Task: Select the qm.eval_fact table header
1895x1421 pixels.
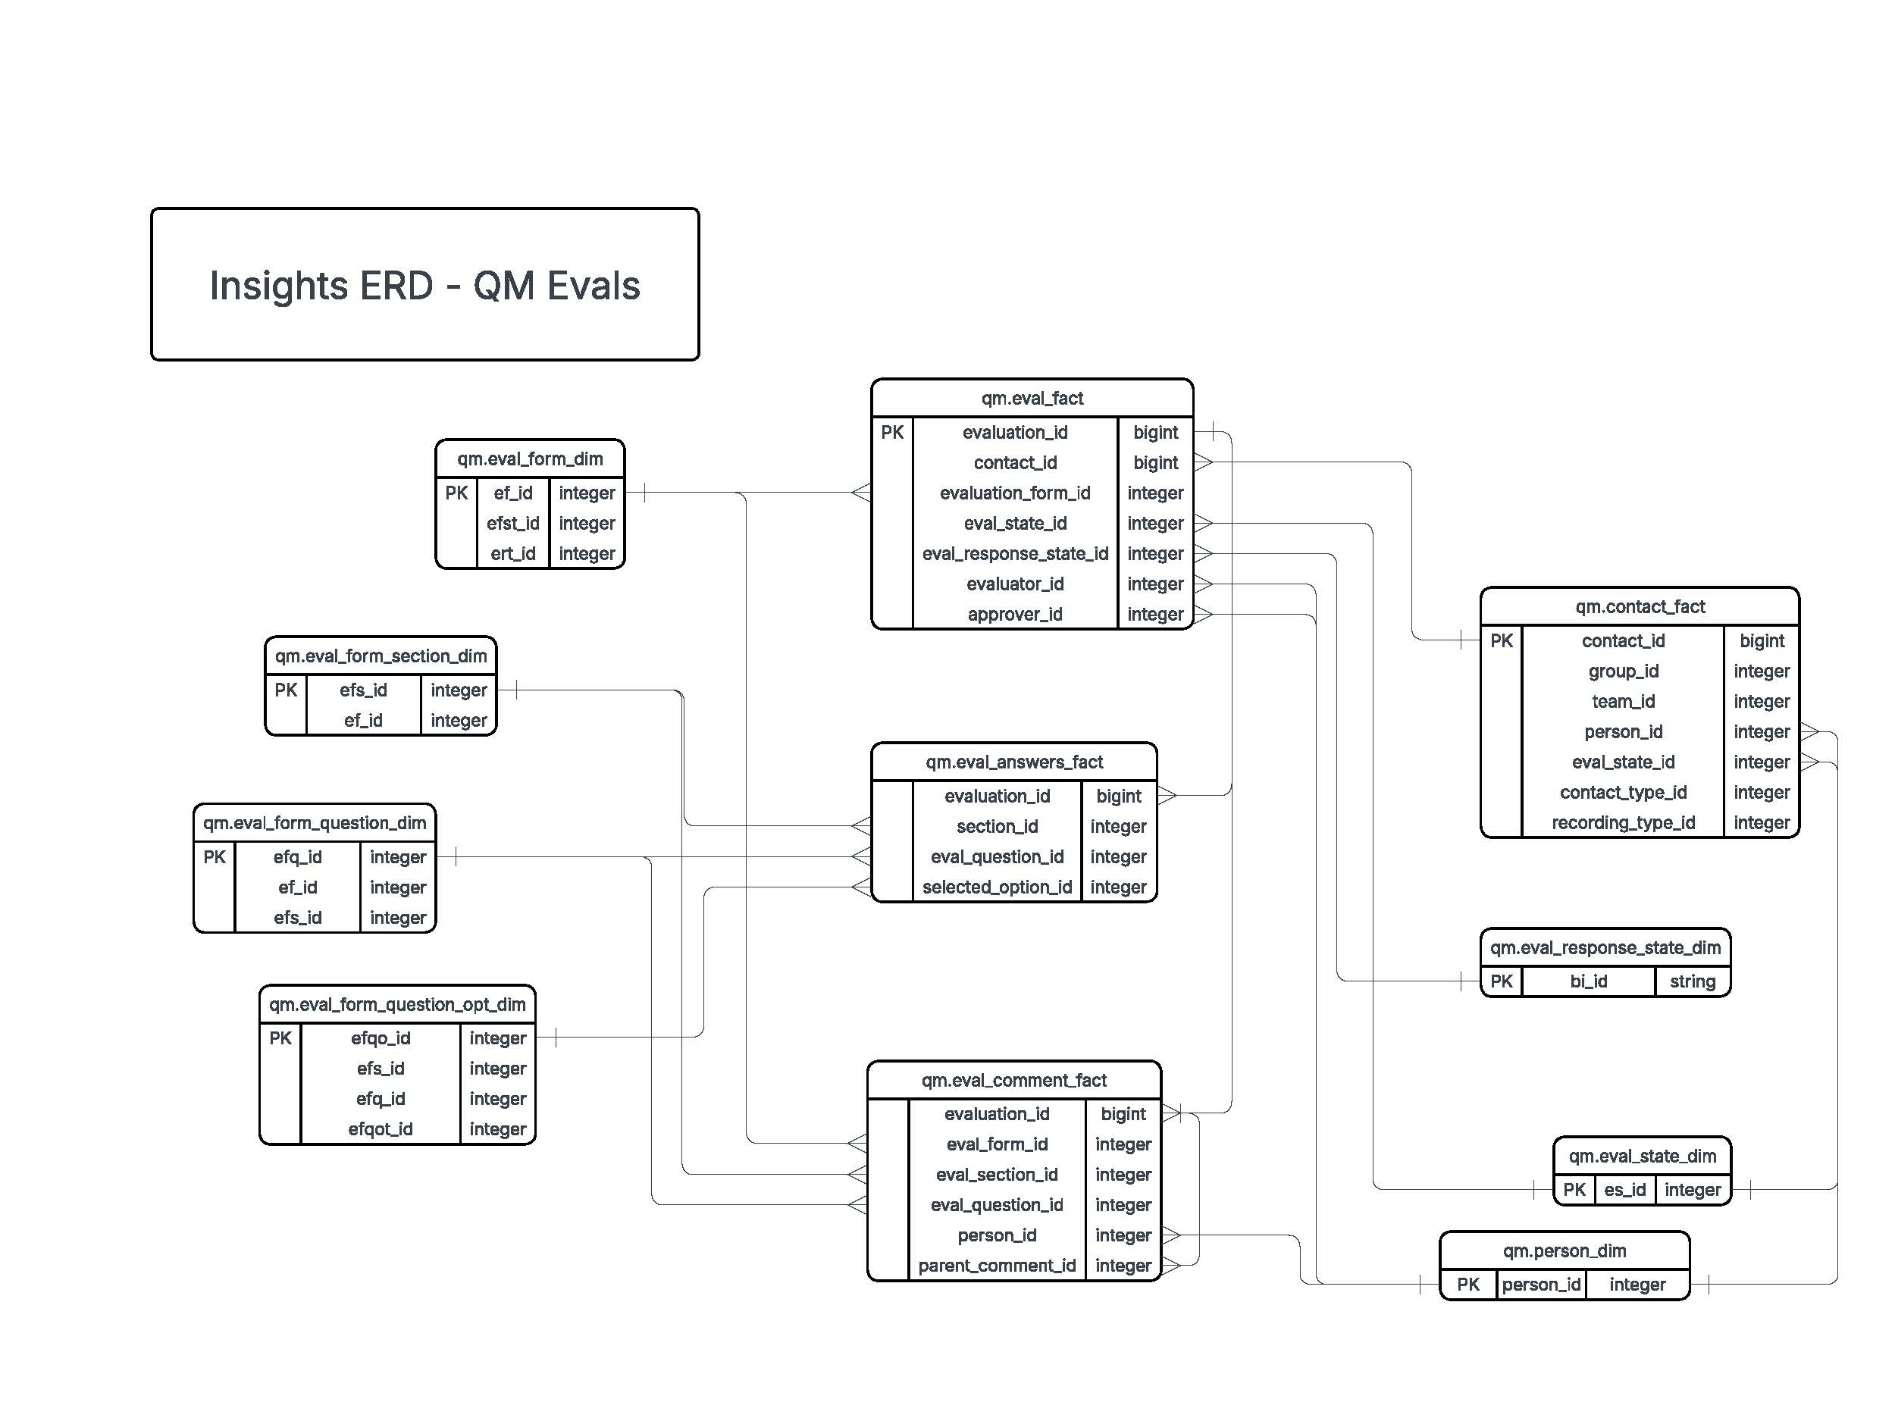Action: (1032, 399)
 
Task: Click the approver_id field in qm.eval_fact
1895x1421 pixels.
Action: (1014, 614)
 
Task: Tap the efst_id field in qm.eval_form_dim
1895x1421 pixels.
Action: (512, 524)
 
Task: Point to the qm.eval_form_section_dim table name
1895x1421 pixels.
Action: (381, 656)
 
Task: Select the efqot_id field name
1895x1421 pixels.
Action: (381, 1130)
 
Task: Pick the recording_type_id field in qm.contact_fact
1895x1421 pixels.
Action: (1623, 823)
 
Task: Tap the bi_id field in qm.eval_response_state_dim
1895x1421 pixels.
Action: (1587, 981)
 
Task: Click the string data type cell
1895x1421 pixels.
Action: (1692, 981)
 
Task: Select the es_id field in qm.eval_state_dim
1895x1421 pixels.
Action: (1624, 1190)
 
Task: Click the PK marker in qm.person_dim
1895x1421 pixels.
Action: (1467, 1285)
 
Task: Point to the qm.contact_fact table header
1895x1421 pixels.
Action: (1640, 607)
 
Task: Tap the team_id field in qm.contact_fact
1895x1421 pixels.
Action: (1623, 702)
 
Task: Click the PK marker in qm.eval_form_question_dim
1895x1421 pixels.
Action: (215, 857)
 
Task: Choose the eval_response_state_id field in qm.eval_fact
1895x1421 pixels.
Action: (1014, 554)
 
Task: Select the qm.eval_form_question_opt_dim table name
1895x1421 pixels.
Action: (396, 1005)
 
